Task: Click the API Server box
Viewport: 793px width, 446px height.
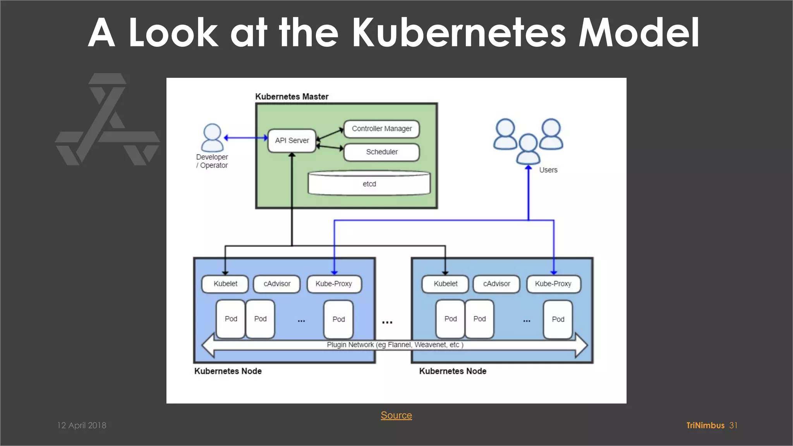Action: [x=292, y=141]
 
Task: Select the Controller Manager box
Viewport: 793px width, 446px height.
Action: [x=382, y=129]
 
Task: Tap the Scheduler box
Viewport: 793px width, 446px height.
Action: [x=382, y=152]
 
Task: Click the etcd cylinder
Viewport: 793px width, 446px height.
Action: [x=369, y=184]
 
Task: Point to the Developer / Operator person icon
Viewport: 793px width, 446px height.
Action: [x=212, y=138]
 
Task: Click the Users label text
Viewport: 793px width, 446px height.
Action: [x=548, y=170]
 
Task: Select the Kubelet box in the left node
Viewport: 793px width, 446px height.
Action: [x=225, y=284]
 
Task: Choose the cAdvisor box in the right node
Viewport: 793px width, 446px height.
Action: [x=496, y=284]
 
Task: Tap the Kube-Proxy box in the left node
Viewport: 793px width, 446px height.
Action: [x=334, y=284]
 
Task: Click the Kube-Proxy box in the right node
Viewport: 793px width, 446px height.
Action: [x=553, y=284]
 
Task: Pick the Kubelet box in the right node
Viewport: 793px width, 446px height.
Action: [x=445, y=284]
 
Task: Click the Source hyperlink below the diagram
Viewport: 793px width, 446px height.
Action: [x=396, y=415]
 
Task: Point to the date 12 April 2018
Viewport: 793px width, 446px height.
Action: [x=82, y=425]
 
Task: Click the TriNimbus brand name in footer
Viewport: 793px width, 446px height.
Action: [x=705, y=425]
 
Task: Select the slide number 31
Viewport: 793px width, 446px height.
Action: [x=733, y=425]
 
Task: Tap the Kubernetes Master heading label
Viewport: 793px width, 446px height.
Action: [x=292, y=96]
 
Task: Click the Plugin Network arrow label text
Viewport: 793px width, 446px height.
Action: [x=395, y=345]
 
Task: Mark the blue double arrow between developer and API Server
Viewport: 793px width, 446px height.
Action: [x=246, y=137]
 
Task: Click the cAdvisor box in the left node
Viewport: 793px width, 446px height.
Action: [x=277, y=284]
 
